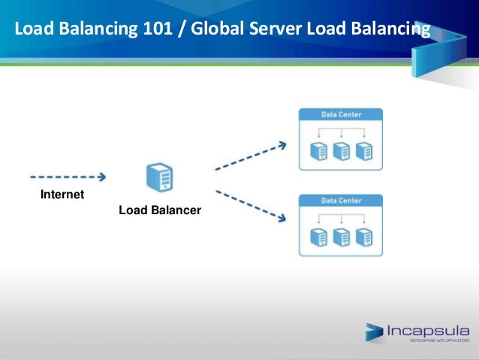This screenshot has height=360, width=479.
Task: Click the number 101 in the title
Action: [x=138, y=29]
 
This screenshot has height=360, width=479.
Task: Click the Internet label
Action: [x=62, y=195]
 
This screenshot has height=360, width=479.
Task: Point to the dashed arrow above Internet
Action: [x=67, y=177]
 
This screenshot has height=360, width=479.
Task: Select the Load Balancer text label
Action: [x=160, y=211]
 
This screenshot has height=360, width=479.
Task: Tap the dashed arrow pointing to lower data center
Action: [x=250, y=210]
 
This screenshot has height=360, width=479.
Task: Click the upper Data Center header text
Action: [x=342, y=115]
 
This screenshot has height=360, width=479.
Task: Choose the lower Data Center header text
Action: [x=342, y=201]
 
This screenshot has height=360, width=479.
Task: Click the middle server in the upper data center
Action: [x=342, y=150]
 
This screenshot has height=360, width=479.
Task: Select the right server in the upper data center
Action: [x=363, y=150]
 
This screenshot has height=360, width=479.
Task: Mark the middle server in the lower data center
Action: [x=342, y=237]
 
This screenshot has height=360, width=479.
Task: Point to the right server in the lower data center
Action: [x=363, y=237]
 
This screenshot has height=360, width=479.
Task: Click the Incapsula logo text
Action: [x=428, y=330]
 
